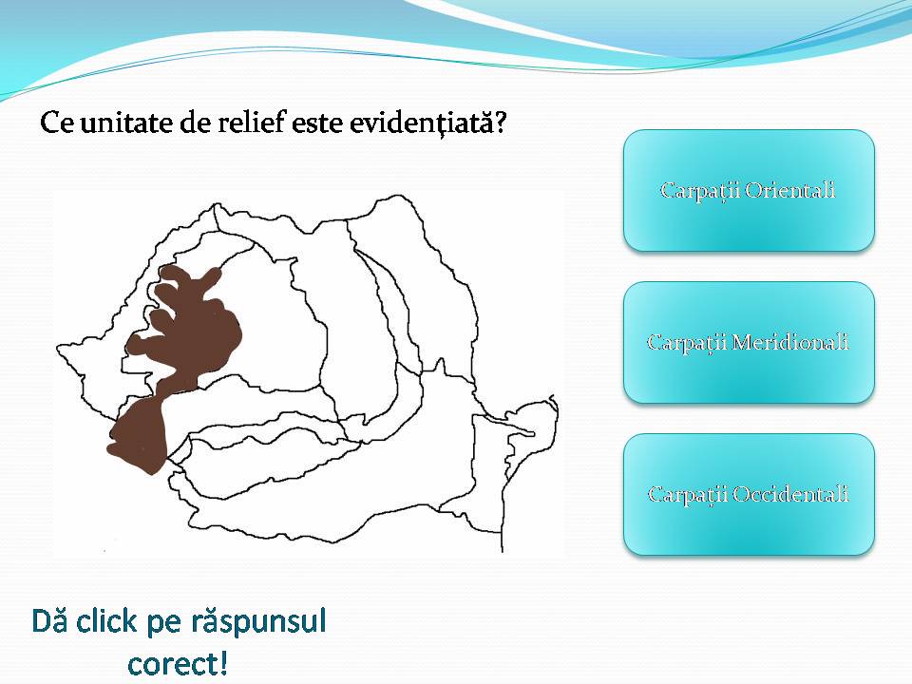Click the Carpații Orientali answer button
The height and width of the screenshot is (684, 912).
pyautogui.click(x=749, y=190)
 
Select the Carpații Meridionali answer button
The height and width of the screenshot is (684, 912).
pyautogui.click(x=749, y=342)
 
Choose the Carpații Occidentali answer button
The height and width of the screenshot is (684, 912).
pyautogui.click(x=749, y=494)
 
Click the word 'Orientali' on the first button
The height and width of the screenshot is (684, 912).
pyautogui.click(x=790, y=190)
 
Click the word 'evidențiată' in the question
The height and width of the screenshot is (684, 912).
pyautogui.click(x=432, y=124)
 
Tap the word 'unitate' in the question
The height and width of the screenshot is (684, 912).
pyautogui.click(x=128, y=124)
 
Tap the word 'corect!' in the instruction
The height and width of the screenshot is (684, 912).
pyautogui.click(x=178, y=662)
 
